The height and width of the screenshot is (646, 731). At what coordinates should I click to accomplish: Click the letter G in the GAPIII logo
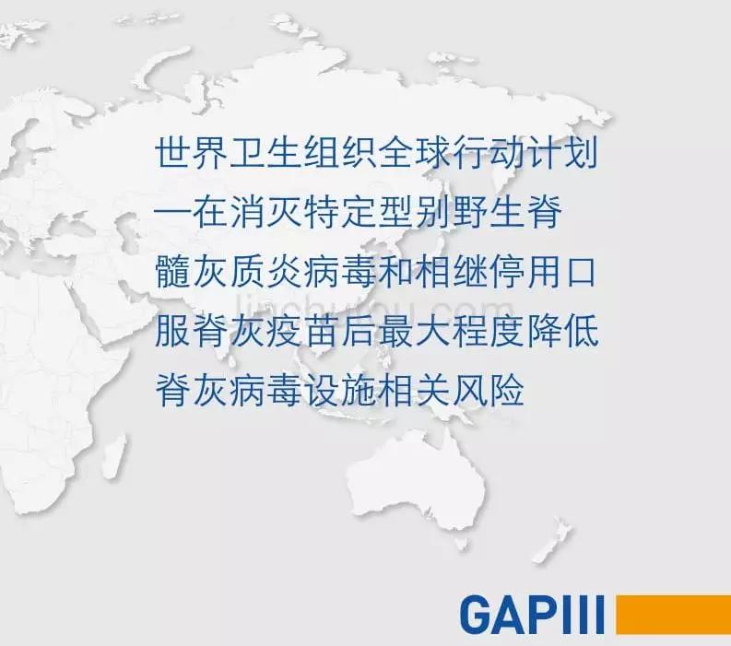pos(478,615)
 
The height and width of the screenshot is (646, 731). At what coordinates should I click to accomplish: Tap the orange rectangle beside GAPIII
pos(673,615)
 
